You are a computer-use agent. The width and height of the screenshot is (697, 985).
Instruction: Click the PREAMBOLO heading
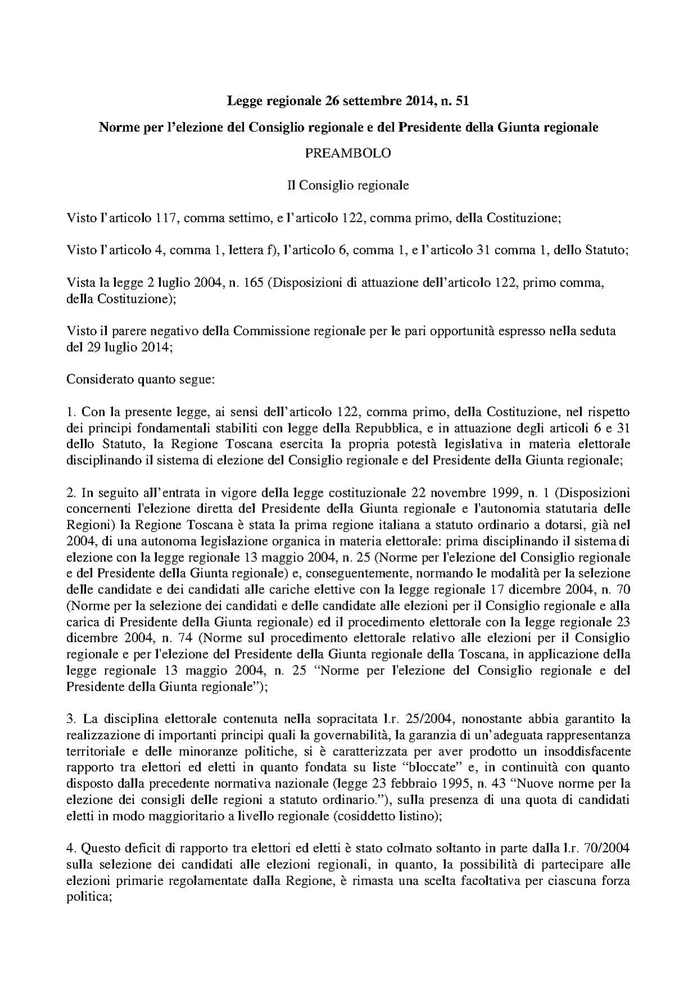pyautogui.click(x=348, y=153)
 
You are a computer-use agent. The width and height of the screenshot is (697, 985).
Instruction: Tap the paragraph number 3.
pyautogui.click(x=70, y=719)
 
